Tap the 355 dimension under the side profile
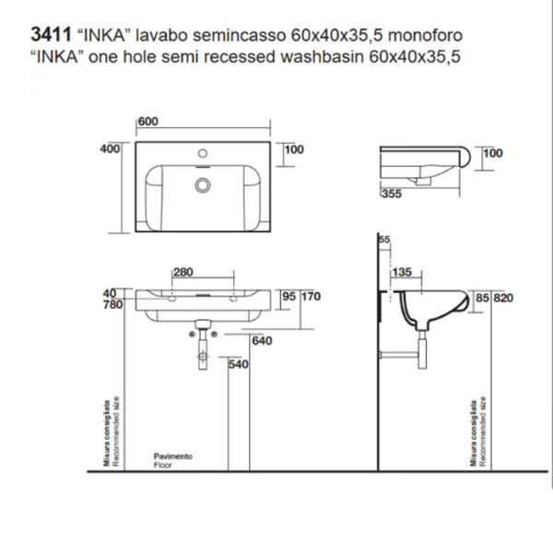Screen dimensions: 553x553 click(391, 194)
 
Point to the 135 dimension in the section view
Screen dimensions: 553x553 click(401, 272)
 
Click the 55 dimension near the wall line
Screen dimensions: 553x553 click(384, 240)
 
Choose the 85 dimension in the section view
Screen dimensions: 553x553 click(479, 298)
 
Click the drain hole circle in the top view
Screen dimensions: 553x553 click(199, 184)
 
